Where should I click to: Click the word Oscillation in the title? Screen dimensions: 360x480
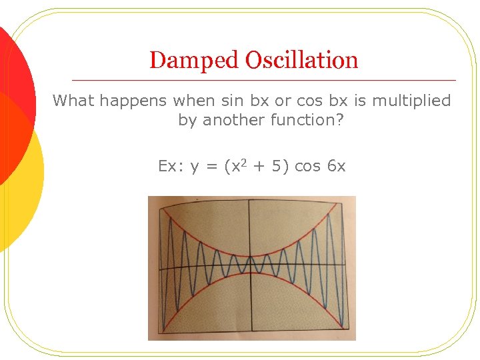301,60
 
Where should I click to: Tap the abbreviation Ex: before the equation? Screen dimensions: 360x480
171,166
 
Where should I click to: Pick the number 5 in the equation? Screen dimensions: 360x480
275,166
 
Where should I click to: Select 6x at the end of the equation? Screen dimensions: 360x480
336,166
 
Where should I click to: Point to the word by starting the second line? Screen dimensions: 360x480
187,121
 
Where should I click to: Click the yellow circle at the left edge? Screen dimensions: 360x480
20,173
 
